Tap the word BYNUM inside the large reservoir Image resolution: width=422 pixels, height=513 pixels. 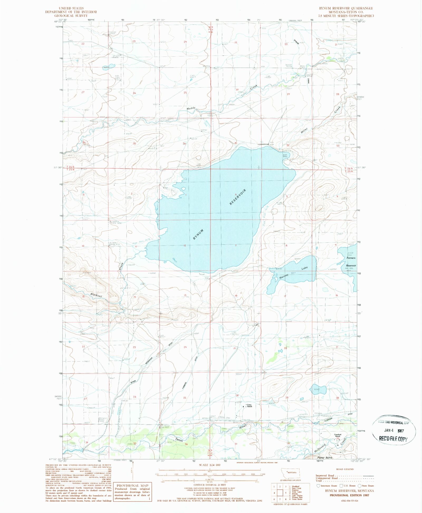198,234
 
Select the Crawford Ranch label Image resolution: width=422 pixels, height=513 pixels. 338,435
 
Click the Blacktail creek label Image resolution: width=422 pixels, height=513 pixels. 96,295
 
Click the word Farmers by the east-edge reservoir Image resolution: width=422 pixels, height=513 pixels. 351,258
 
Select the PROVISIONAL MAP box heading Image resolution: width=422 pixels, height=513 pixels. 132,485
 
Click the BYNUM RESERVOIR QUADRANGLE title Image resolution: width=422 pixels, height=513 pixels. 346,8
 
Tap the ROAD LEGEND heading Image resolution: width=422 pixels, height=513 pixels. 345,469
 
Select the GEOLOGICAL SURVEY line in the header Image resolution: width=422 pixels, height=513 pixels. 71,16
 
